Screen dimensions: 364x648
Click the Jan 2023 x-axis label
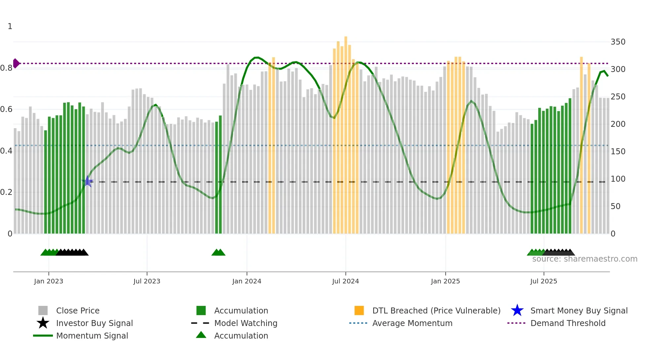(49, 281)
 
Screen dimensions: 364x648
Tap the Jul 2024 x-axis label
(345, 281)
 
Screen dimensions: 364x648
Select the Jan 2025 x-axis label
(445, 281)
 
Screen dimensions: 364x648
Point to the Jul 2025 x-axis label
(544, 281)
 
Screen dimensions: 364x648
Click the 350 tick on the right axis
(618, 42)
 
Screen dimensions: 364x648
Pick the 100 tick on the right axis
(618, 179)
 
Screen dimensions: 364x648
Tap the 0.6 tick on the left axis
(6, 109)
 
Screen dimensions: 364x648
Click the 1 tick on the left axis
(10, 26)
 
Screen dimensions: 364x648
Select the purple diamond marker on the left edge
(16, 63)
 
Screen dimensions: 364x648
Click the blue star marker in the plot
(88, 181)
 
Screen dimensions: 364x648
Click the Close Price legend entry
(78, 310)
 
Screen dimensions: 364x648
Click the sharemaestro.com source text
(585, 259)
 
